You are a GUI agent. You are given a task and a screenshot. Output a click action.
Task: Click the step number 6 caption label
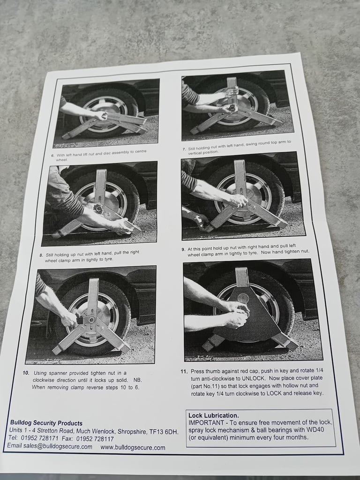(52, 156)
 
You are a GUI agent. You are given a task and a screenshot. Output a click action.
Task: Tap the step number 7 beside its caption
(184, 149)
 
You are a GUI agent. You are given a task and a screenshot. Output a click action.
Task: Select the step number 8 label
(41, 255)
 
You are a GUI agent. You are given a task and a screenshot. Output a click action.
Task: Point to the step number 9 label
(183, 249)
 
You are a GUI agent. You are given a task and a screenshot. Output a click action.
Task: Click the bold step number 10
(26, 373)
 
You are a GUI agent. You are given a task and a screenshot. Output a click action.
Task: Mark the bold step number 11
(184, 371)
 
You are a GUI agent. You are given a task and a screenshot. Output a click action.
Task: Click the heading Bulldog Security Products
(46, 423)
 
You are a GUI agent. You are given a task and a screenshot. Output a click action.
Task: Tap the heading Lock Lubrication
(213, 415)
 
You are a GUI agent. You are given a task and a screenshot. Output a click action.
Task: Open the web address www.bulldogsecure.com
(133, 447)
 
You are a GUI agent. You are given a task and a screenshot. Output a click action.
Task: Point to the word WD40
(315, 429)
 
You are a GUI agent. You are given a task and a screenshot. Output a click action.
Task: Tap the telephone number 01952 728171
(38, 438)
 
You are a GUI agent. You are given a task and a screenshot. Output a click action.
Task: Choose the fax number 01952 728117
(95, 439)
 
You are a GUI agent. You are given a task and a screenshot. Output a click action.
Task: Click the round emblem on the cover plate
(243, 298)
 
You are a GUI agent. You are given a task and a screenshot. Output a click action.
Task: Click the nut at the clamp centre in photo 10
(91, 320)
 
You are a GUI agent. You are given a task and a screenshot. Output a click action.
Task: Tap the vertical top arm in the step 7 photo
(232, 91)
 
